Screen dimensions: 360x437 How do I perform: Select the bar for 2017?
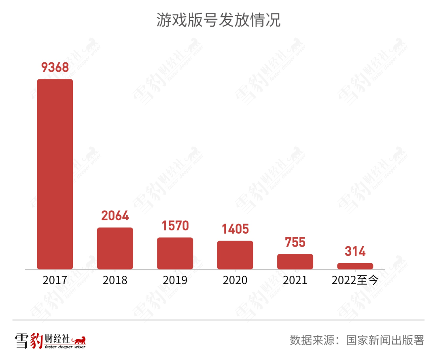pos(55,174)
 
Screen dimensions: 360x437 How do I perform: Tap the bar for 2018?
pos(115,248)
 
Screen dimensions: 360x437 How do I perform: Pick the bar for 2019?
pos(175,253)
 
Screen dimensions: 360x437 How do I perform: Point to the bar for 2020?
pos(235,255)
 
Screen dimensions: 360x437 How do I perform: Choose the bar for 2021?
pos(295,262)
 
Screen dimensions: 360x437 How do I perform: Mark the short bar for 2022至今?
pos(355,266)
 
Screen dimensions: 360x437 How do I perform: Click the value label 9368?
pos(55,68)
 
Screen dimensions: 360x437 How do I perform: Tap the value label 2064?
pos(115,216)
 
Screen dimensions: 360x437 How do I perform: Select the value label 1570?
pos(175,226)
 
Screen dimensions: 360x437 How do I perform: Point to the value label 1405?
pos(235,229)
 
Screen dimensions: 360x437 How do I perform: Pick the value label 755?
pos(295,242)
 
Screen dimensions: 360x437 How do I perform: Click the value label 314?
pos(355,251)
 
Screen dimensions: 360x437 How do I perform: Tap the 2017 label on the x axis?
pos(55,280)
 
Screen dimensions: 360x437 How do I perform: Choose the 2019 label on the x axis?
pos(175,280)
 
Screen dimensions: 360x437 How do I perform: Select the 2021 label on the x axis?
pos(295,280)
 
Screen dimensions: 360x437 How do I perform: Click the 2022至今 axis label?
pos(355,280)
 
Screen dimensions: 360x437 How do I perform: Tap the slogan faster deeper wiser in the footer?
pos(65,347)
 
